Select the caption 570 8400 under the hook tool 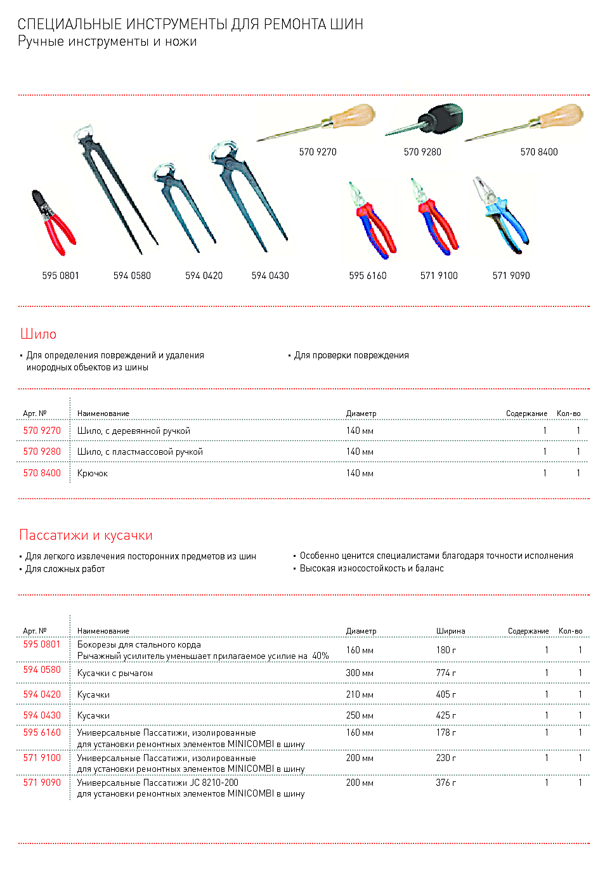(539, 152)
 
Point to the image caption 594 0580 (132, 276)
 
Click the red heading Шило (38, 334)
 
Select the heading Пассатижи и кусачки (86, 535)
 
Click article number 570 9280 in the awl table (42, 452)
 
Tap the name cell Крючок (93, 473)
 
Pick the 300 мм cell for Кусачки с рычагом (360, 673)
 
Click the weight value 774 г (446, 673)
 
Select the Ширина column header (450, 631)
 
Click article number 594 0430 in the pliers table (42, 715)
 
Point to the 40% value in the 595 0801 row (320, 656)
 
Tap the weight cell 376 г (446, 783)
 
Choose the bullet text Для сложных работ (65, 569)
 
